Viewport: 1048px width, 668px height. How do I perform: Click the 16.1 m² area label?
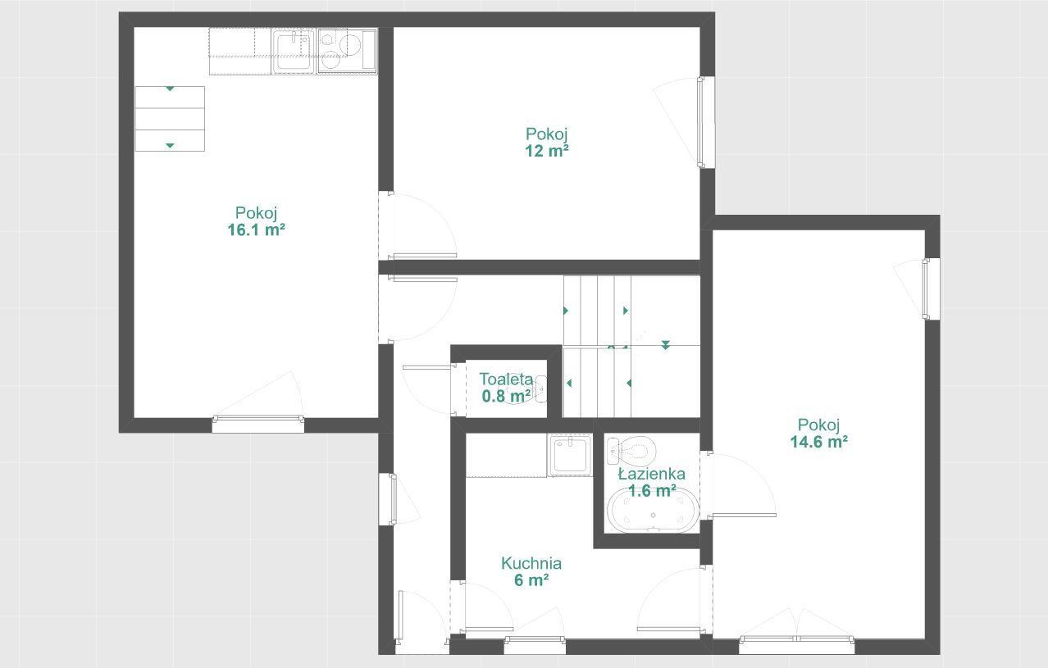point(257,229)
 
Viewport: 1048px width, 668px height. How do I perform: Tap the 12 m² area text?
point(546,151)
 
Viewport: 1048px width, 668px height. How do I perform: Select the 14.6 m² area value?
point(818,442)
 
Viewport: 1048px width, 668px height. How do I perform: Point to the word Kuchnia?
point(531,563)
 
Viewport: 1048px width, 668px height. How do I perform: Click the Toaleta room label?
point(506,379)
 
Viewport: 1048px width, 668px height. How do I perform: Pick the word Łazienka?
point(652,474)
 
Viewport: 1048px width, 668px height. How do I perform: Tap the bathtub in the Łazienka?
point(653,511)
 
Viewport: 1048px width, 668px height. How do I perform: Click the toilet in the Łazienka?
point(631,451)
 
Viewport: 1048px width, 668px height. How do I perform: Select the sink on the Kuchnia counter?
point(569,455)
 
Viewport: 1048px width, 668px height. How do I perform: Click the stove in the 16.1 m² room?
point(347,51)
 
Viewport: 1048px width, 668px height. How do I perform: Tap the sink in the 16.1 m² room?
point(294,52)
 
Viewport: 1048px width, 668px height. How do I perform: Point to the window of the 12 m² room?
point(707,122)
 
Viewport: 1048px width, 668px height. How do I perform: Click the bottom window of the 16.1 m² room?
point(257,425)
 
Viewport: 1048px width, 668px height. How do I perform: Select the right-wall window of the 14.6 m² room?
point(931,289)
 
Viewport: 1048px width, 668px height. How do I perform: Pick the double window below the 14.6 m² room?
point(797,645)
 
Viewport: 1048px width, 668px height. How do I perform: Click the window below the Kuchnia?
point(535,645)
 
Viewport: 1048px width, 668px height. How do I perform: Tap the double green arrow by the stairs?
point(665,345)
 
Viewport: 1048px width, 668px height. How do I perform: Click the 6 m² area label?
point(531,580)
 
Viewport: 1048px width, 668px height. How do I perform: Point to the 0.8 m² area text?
point(506,396)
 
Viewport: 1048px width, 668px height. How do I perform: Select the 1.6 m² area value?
point(652,491)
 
